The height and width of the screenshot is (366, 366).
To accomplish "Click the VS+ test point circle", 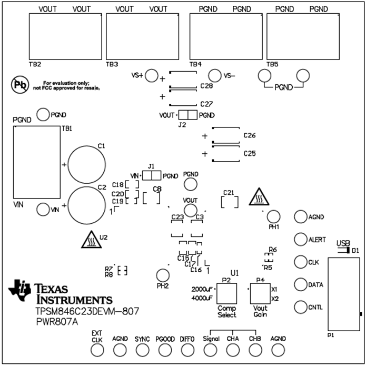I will (152, 76).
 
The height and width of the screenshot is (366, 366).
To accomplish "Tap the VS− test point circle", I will (214, 76).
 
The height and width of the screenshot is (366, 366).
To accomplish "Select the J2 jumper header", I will (187, 115).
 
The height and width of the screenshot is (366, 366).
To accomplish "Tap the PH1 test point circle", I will (273, 216).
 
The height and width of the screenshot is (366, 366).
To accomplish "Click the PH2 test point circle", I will (163, 274).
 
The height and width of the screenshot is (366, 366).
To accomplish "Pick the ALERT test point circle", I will (300, 239).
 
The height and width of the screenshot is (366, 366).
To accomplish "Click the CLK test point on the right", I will (300, 262).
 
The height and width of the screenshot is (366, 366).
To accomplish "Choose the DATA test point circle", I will (300, 284).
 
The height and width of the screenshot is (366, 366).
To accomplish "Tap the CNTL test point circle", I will (300, 306).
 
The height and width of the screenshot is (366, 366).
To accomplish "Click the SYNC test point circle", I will (142, 350).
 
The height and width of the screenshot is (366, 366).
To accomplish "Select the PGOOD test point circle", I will (165, 350).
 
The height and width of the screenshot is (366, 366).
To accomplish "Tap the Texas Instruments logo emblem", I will (21, 289).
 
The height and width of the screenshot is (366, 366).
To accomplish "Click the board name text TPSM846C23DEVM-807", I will (87, 311).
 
